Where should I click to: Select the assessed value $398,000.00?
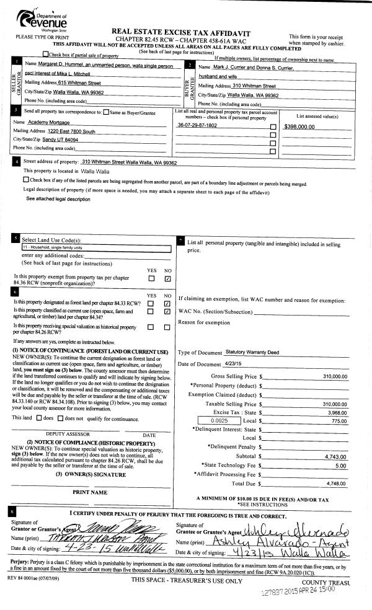299,126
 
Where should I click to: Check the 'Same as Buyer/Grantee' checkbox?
107,112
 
